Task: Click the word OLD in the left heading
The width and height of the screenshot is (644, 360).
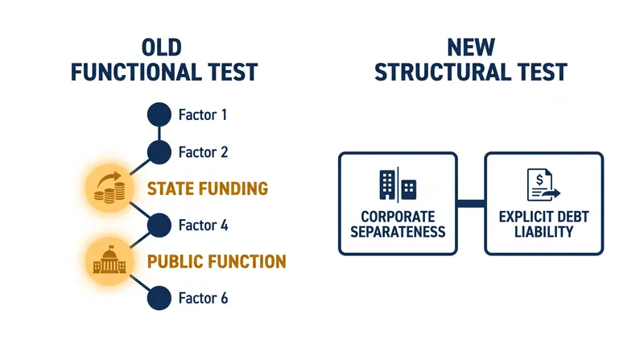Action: point(162,48)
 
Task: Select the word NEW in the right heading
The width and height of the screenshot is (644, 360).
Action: point(471,48)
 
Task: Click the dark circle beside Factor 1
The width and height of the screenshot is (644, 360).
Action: point(159,114)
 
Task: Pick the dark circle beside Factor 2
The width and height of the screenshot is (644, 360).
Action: point(159,152)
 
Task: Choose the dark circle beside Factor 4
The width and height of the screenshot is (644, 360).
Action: point(159,226)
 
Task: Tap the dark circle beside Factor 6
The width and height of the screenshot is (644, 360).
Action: point(159,298)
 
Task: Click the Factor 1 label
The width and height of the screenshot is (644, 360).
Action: point(203,114)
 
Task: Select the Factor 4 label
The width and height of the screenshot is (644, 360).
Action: point(204,226)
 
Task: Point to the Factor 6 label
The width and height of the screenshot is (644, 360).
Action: point(204,298)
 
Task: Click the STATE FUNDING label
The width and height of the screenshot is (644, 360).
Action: point(208,188)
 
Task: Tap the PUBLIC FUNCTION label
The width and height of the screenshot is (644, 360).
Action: point(217,262)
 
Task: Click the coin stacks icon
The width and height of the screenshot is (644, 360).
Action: point(109,188)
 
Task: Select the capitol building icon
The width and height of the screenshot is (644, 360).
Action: point(109,259)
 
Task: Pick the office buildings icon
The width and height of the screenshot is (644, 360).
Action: point(398,185)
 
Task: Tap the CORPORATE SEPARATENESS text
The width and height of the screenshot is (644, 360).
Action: point(398,225)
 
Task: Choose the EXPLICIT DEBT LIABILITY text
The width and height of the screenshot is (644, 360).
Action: point(544,225)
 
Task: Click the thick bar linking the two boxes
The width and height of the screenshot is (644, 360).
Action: point(471,204)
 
